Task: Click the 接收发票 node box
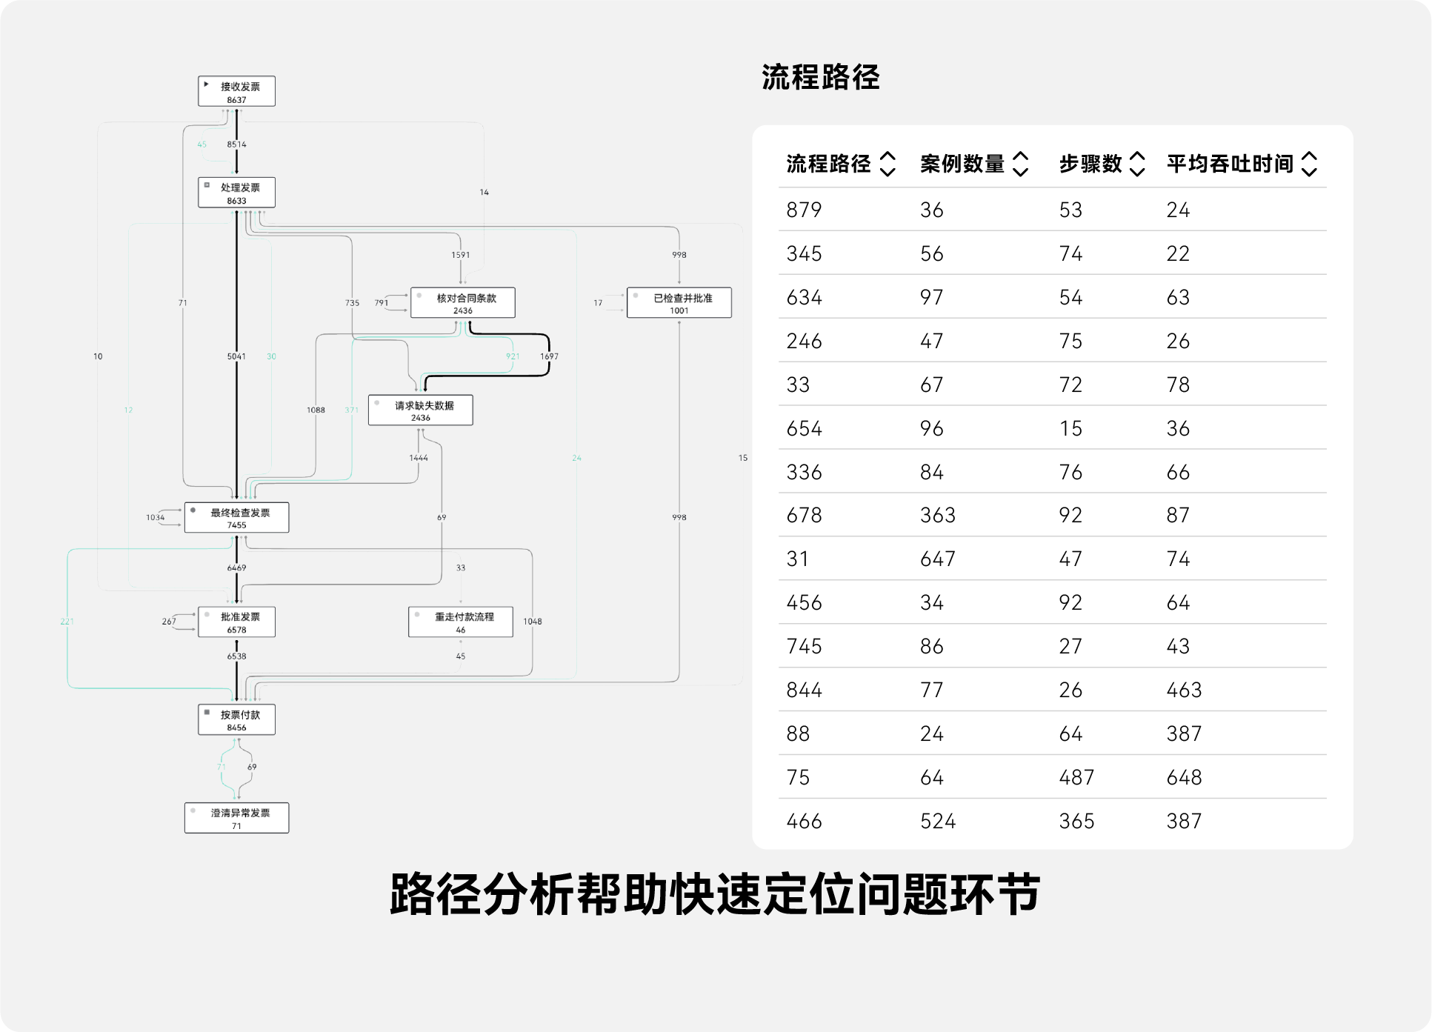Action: pos(236,91)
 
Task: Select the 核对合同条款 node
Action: pos(462,303)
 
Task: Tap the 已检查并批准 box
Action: pos(679,303)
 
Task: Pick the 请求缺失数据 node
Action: pos(420,410)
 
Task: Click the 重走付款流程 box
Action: pos(460,622)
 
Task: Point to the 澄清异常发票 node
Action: pos(236,818)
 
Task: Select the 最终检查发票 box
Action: pos(236,518)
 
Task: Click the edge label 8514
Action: pos(236,144)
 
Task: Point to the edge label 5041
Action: pos(236,356)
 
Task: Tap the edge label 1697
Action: pos(549,356)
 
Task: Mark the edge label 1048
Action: pos(532,622)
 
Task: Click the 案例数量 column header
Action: pos(962,164)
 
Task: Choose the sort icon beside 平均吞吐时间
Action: pos(1309,164)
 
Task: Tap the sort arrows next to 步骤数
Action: pos(1137,164)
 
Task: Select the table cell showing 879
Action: pos(804,210)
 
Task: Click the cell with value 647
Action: pos(937,559)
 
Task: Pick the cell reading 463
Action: pos(1183,690)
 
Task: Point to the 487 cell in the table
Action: pos(1076,777)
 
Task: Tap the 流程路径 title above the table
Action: pos(820,78)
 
